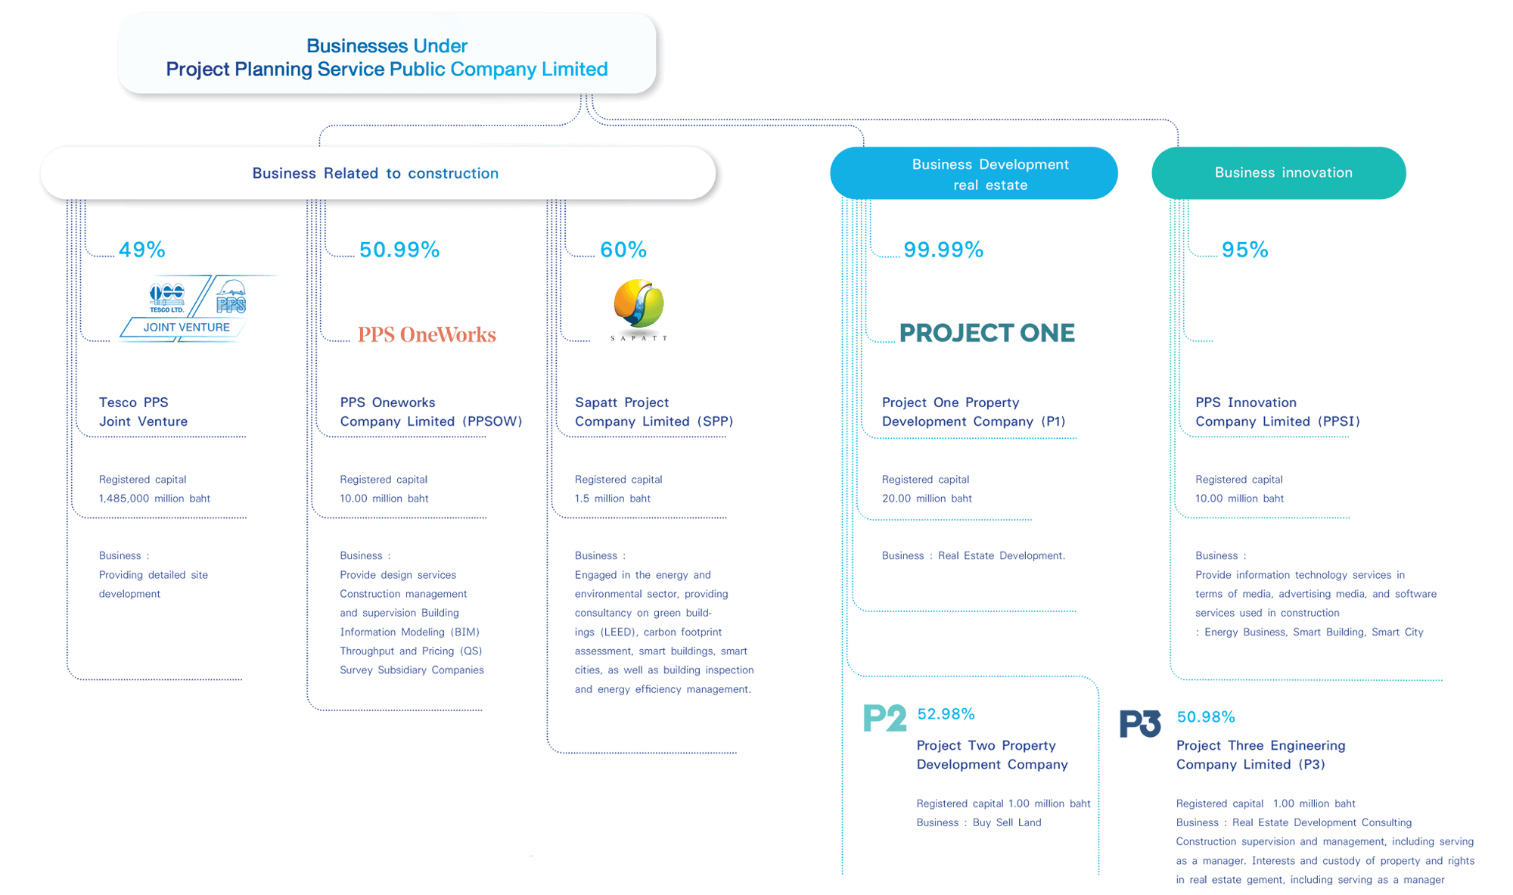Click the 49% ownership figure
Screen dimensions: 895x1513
tap(141, 250)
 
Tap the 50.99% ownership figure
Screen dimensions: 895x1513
tap(399, 250)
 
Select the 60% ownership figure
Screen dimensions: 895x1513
tap(623, 250)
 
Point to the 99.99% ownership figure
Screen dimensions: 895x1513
tap(943, 250)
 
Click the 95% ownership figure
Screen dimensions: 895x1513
tap(1244, 250)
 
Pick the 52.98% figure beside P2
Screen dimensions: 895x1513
tap(946, 714)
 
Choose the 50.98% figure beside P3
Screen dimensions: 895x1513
tap(1206, 716)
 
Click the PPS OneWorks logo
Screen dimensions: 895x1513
tap(427, 334)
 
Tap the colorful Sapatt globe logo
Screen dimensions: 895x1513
tap(638, 305)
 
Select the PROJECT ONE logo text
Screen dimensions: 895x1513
tap(986, 333)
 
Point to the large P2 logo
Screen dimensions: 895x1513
tap(884, 718)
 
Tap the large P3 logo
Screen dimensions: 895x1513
tap(1140, 723)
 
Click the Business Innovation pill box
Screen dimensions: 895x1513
tap(1278, 173)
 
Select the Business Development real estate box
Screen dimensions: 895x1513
tap(974, 173)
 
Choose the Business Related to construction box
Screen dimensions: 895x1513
tap(376, 173)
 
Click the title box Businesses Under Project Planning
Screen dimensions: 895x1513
tap(387, 57)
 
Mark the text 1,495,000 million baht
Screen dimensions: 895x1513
tap(154, 499)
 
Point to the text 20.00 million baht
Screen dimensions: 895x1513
tap(927, 499)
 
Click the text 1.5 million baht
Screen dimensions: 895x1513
tap(612, 499)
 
